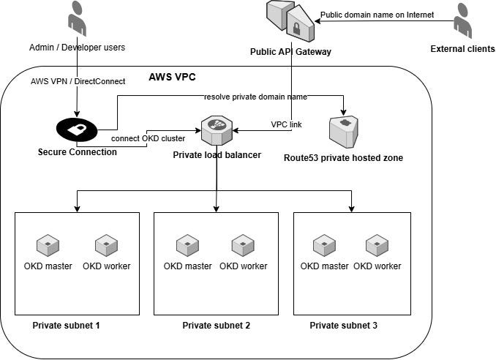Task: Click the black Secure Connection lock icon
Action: [76, 129]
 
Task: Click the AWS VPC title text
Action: [173, 77]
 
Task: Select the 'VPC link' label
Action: [286, 124]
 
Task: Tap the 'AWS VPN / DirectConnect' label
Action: [77, 80]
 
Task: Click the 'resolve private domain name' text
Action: [255, 97]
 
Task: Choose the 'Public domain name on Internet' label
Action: [377, 15]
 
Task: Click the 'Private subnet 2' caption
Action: [216, 325]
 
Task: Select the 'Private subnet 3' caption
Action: [344, 325]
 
